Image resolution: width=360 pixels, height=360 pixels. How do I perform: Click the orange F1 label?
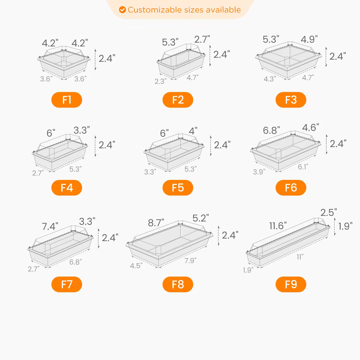click(x=67, y=100)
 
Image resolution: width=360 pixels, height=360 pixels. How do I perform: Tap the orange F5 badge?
click(x=178, y=188)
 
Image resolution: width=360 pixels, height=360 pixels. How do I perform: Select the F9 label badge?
click(x=291, y=284)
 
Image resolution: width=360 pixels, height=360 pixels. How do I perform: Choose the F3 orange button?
click(x=291, y=100)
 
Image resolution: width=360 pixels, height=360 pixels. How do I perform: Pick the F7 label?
click(x=67, y=284)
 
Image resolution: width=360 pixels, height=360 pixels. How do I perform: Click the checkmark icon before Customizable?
click(x=122, y=10)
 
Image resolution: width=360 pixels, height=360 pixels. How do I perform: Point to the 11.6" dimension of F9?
click(x=278, y=226)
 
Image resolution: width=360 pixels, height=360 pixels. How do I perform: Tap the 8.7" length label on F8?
click(x=156, y=223)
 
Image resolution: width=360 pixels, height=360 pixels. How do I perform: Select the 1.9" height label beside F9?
click(x=345, y=226)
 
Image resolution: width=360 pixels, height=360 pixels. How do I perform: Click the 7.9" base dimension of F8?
click(x=190, y=261)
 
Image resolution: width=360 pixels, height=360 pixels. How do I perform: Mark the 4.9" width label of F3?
click(x=309, y=39)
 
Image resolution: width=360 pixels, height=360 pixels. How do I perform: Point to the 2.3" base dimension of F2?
click(x=160, y=82)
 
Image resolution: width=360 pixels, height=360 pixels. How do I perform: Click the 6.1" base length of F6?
click(x=303, y=167)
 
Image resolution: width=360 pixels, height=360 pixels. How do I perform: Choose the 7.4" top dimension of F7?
click(x=50, y=226)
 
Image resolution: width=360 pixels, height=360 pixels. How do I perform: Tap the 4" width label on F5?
click(x=193, y=131)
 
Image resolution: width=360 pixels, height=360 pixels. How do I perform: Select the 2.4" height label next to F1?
click(x=107, y=58)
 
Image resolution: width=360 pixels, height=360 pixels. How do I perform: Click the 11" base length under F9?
click(x=300, y=257)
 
